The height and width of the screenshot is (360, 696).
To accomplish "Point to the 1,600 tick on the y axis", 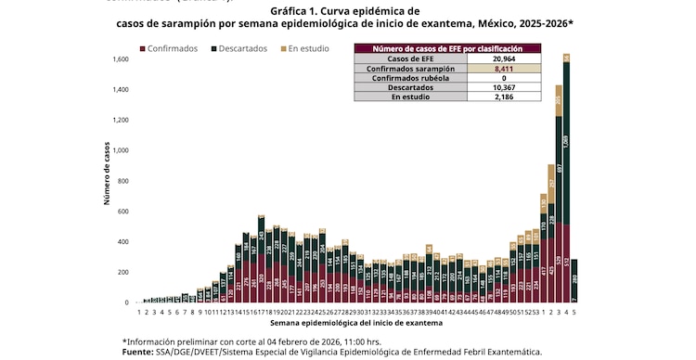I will pos(121,59).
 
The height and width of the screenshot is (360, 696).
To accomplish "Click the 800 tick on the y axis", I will pos(123,181).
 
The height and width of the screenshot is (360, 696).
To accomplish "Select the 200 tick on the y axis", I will pos(123,272).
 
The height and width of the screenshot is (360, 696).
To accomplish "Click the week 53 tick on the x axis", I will pos(535,312).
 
